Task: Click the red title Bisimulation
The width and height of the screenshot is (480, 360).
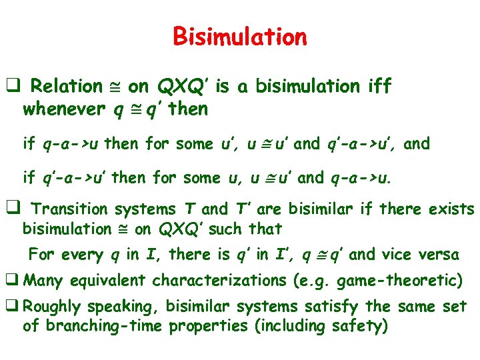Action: [x=240, y=36]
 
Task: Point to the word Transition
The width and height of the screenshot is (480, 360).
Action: [x=73, y=209]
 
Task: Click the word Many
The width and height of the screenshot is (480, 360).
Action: [x=42, y=281]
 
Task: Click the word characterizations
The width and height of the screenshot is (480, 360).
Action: [x=220, y=281]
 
